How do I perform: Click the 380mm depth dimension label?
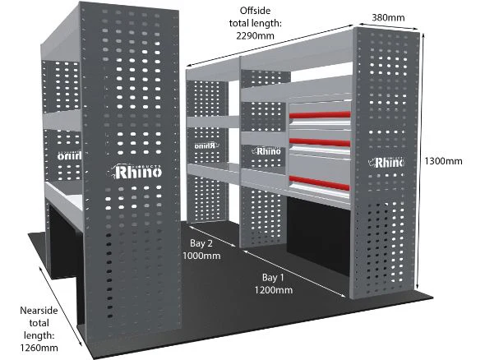pyautogui.click(x=388, y=17)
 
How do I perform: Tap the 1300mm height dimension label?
pyautogui.click(x=443, y=161)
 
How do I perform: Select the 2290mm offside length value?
pyautogui.click(x=255, y=36)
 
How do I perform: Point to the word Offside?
pyautogui.click(x=255, y=11)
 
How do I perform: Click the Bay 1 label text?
pyautogui.click(x=273, y=278)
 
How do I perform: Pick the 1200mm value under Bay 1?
pyautogui.click(x=274, y=290)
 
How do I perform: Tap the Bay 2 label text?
pyautogui.click(x=201, y=243)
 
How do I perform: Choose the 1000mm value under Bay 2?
pyautogui.click(x=201, y=256)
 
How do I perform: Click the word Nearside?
pyautogui.click(x=39, y=311)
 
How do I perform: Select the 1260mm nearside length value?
pyautogui.click(x=39, y=348)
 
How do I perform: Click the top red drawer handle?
pyautogui.click(x=320, y=115)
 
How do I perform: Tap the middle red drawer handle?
pyautogui.click(x=320, y=142)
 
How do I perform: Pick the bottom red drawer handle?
pyautogui.click(x=320, y=182)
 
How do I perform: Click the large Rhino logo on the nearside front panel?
pyautogui.click(x=136, y=172)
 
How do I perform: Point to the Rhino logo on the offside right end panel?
pyautogui.click(x=386, y=162)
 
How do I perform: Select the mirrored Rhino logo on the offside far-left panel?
pyautogui.click(x=206, y=145)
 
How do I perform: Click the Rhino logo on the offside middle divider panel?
pyautogui.click(x=266, y=151)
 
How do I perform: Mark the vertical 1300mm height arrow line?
pyautogui.click(x=421, y=161)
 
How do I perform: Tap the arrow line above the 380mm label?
pyautogui.click(x=387, y=26)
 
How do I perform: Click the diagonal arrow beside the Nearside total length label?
pyautogui.click(x=61, y=306)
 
